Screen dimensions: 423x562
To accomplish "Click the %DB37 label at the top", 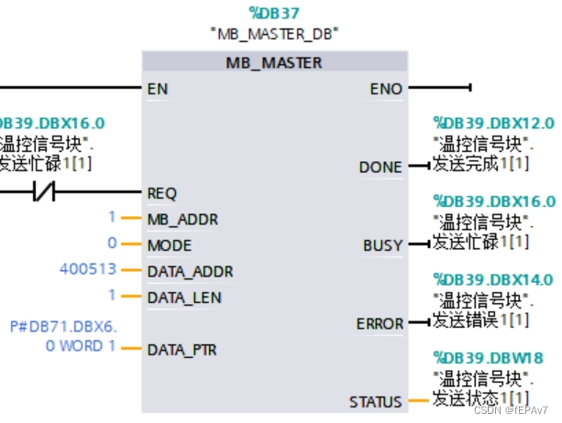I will point(274,13).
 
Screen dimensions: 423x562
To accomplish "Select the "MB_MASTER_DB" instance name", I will point(274,34).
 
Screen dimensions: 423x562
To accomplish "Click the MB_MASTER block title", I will point(274,62).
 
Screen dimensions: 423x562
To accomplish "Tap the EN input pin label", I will point(157,89).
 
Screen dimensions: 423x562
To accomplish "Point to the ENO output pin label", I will point(385,89).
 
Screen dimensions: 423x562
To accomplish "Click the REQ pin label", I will point(161,193).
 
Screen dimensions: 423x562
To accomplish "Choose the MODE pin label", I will point(169,245).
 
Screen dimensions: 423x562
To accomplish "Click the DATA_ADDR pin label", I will point(189,271).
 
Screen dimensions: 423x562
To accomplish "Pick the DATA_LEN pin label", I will point(183,298).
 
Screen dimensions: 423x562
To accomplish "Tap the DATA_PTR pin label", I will point(182,350).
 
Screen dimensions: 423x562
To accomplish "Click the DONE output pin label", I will point(380,167).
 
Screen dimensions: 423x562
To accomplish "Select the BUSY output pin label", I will point(382,245).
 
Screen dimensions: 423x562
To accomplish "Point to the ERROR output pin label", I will point(380,323).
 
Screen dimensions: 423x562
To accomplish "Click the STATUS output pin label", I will point(375,402).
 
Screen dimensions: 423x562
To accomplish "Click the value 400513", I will point(88,270).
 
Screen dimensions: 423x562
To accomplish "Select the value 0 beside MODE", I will point(113,244).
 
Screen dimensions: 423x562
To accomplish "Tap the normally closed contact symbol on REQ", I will point(43,193).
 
